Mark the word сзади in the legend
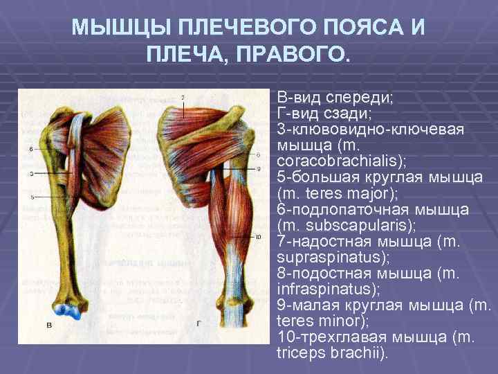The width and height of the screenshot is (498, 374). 349,112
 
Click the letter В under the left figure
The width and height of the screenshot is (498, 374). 48,325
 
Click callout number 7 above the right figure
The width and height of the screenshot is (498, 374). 183,97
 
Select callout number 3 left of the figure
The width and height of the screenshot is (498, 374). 31,173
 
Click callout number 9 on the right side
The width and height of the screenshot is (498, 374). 258,168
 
